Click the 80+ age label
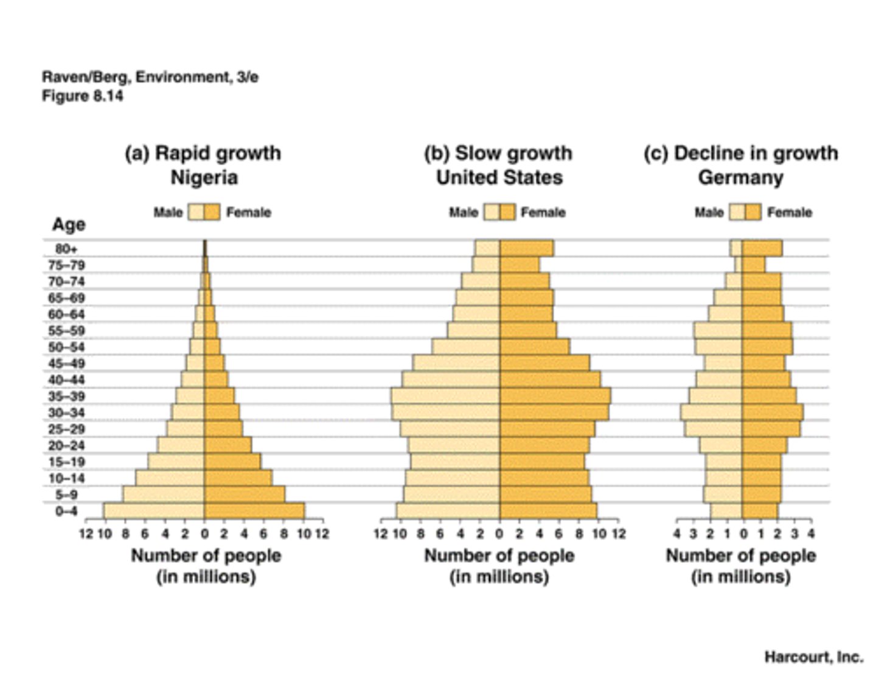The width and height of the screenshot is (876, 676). click(x=66, y=249)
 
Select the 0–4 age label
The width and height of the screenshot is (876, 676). click(x=66, y=511)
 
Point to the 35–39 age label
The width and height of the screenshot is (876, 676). click(x=66, y=397)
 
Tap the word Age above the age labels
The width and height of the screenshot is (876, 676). click(x=68, y=225)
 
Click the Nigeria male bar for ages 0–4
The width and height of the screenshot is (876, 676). click(x=154, y=511)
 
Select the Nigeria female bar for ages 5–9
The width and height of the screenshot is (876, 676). click(x=245, y=495)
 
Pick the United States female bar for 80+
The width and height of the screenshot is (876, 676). click(x=526, y=248)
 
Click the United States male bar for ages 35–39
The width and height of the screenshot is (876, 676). click(x=446, y=396)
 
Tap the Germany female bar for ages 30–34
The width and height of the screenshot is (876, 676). click(x=772, y=413)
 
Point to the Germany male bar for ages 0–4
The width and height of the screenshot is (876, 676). click(x=726, y=511)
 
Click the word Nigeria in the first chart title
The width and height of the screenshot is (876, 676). click(x=204, y=178)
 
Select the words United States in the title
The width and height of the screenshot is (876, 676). click(x=499, y=178)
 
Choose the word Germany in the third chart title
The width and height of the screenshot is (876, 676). click(x=740, y=178)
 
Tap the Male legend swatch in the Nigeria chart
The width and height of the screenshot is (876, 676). click(x=196, y=212)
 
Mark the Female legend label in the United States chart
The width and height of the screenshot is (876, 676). click(x=543, y=212)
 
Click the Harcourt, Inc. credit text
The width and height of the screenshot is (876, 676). click(x=813, y=657)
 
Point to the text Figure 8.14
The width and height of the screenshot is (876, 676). click(x=82, y=96)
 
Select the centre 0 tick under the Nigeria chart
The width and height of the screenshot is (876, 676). click(x=204, y=534)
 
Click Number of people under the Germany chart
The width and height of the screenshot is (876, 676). click(x=741, y=556)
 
